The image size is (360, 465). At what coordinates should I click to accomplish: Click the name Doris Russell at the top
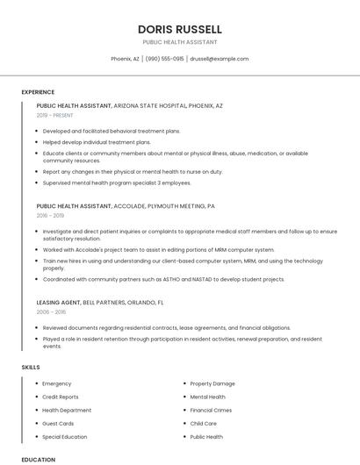(179, 29)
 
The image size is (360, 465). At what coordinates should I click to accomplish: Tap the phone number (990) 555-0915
(164, 59)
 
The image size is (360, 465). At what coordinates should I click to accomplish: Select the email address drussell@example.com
(220, 59)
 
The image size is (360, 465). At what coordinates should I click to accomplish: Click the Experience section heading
(38, 92)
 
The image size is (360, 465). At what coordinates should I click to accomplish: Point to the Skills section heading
(31, 367)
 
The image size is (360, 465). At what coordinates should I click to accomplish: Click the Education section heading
(38, 459)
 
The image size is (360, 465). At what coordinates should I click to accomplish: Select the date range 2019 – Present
(55, 115)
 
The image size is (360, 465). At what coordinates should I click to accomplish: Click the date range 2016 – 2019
(50, 215)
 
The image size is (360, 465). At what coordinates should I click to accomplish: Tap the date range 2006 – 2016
(51, 311)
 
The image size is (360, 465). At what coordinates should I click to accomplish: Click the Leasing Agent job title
(58, 302)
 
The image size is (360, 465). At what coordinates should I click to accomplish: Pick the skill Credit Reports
(60, 397)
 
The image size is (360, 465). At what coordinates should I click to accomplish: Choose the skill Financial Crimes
(211, 410)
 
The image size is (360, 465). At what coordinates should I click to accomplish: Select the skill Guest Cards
(58, 423)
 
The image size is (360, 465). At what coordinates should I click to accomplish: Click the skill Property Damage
(212, 383)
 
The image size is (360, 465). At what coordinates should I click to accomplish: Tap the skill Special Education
(64, 436)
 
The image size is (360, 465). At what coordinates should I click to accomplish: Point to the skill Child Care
(203, 423)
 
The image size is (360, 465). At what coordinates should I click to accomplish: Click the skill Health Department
(67, 410)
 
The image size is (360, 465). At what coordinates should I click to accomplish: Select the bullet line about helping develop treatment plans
(97, 141)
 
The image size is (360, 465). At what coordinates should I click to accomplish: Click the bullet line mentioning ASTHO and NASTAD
(163, 279)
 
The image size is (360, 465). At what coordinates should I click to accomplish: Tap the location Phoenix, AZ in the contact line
(125, 59)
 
